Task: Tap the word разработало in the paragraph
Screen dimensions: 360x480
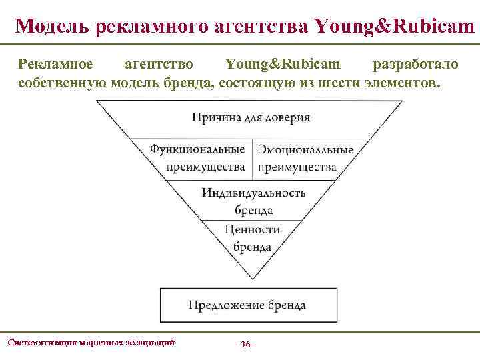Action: [415, 65]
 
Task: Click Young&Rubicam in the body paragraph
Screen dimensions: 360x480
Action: [283, 65]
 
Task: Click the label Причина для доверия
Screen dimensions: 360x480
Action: [251, 118]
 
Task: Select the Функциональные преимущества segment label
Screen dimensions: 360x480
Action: [197, 158]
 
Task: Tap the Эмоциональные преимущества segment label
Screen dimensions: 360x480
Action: [305, 158]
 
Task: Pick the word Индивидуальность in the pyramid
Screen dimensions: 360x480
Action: [253, 193]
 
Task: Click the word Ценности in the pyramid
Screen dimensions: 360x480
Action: [251, 229]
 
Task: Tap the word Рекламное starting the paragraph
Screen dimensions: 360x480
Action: [56, 65]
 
